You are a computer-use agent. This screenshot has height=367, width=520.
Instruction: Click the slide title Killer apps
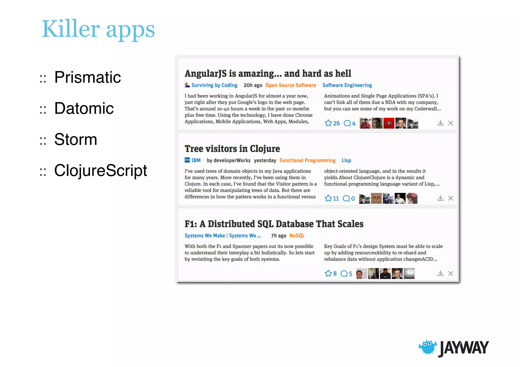[x=98, y=29]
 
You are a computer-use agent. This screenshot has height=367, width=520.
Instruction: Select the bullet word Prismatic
[x=87, y=77]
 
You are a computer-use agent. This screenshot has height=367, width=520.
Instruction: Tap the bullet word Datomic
[x=84, y=109]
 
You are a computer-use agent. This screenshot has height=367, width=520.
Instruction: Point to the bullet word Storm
[x=76, y=139]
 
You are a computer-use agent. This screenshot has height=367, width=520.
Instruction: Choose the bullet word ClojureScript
[x=101, y=170]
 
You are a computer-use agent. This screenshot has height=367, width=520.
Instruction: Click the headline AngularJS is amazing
[x=268, y=74]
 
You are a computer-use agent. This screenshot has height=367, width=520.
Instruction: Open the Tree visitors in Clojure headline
[x=232, y=149]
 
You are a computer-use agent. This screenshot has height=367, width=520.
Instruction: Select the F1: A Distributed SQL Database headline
[x=274, y=224]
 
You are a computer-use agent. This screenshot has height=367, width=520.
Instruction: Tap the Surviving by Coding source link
[x=214, y=85]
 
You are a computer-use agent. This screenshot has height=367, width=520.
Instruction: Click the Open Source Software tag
[x=290, y=85]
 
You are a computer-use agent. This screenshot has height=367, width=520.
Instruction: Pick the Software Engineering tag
[x=347, y=85]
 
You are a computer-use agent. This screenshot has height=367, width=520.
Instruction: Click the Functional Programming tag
[x=307, y=161]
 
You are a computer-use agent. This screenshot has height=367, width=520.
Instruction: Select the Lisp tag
[x=346, y=161]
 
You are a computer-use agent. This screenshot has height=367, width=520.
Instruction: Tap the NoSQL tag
[x=297, y=236]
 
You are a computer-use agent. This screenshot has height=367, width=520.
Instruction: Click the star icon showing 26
[x=328, y=123]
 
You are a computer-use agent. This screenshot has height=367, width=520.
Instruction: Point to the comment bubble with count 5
[x=344, y=274]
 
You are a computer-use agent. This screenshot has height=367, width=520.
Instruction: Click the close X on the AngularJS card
[x=450, y=123]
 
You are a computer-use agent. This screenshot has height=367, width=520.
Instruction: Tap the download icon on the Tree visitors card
[x=440, y=198]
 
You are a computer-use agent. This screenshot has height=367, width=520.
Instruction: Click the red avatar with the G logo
[x=388, y=123]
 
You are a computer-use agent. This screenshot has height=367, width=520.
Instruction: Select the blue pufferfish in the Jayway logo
[x=428, y=347]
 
